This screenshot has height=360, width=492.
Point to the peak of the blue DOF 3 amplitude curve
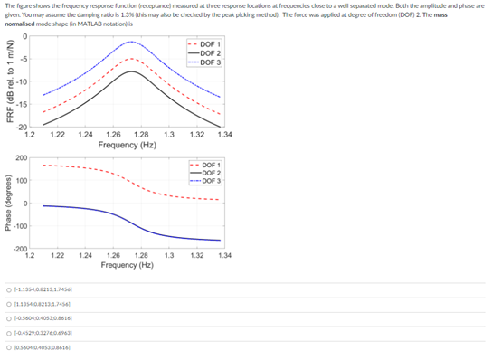click(x=132, y=43)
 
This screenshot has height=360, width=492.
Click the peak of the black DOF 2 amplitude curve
click(x=132, y=71)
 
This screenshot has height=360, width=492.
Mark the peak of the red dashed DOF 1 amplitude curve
click(x=132, y=59)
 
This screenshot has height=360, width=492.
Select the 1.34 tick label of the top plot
click(x=224, y=135)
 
